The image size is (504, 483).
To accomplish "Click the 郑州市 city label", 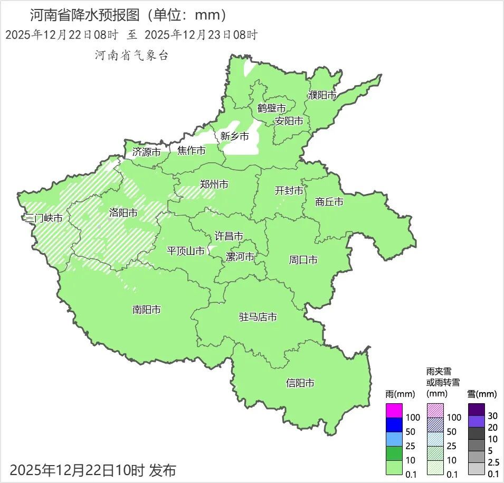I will [x=214, y=184].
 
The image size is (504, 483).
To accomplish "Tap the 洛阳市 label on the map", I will [x=123, y=212].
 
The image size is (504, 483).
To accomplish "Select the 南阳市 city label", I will [x=147, y=310].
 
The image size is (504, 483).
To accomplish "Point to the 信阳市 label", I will [x=300, y=383].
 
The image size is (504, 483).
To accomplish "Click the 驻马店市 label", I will [x=258, y=317].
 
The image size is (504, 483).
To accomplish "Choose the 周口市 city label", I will [x=303, y=260].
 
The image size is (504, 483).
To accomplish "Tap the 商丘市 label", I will [x=329, y=201].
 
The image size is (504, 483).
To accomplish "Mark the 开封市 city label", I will [x=289, y=191].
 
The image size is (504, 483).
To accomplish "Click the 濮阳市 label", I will [x=322, y=95].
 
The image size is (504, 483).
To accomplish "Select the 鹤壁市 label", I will [x=272, y=108].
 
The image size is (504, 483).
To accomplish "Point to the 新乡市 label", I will [x=234, y=136].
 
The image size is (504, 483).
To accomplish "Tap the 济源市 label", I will [x=146, y=152].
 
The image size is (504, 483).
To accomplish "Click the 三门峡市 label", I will [x=43, y=218].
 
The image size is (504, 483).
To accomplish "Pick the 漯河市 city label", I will [x=240, y=257].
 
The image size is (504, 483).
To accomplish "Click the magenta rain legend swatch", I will [x=394, y=410].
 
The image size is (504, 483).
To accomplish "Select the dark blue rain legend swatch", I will [x=394, y=424].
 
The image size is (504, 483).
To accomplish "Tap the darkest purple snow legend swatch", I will [x=477, y=409].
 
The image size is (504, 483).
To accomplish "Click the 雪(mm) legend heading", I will [x=482, y=394].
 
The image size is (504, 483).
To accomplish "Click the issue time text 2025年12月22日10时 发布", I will [x=93, y=469].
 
